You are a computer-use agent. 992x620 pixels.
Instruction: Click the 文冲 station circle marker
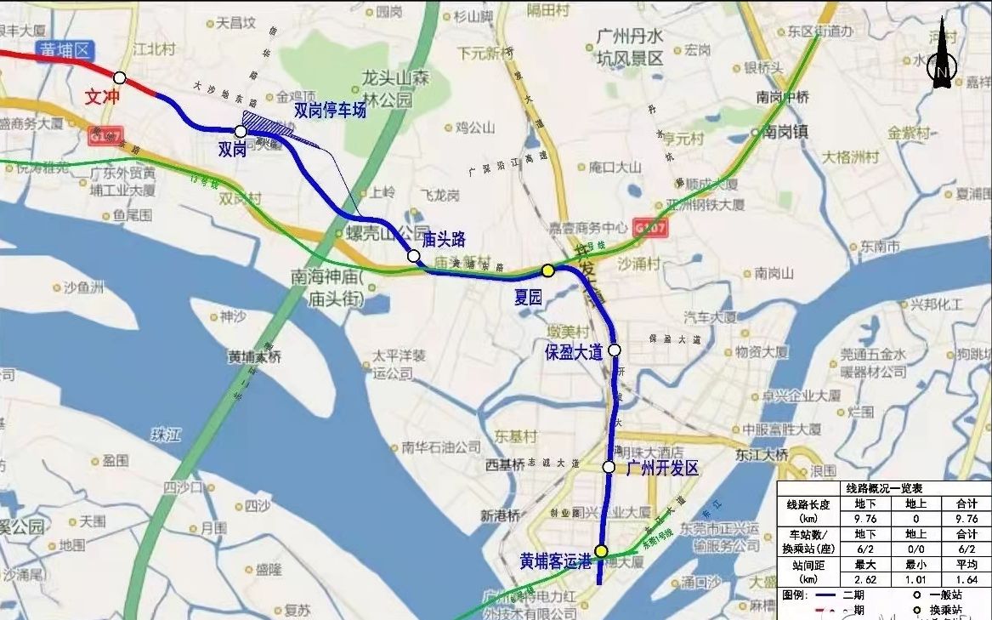pos(120,78)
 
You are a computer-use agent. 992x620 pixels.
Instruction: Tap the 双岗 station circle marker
pos(241,132)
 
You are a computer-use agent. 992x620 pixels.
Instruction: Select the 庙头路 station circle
pos(413,256)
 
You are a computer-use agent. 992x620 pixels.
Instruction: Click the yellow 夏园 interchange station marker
pos(548,270)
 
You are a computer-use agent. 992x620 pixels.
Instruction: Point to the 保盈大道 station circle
pos(615,350)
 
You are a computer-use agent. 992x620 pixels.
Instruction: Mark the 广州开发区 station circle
pos(609,467)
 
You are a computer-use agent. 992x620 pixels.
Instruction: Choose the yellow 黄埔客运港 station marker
pos(601,551)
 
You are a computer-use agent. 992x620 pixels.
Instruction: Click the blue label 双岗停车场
pos(330,110)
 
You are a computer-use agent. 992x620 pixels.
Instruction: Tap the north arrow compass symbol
pos(942,64)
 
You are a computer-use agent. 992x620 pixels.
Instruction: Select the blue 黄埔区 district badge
pos(64,50)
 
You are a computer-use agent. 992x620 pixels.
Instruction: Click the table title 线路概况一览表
pos(884,489)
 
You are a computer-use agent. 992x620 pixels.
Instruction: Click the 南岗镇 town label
pos(784,132)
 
